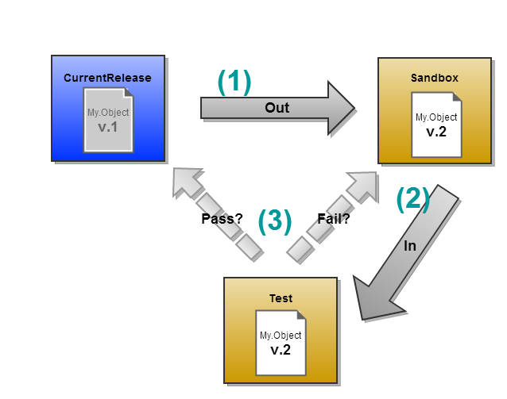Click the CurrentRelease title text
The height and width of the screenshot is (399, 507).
click(x=107, y=78)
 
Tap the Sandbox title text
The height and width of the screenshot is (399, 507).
click(x=434, y=78)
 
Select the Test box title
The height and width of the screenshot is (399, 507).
click(x=281, y=299)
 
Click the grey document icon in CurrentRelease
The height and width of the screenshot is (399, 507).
click(x=108, y=119)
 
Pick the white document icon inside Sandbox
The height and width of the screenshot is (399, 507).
click(x=435, y=123)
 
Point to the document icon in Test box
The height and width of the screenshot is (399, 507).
click(x=281, y=342)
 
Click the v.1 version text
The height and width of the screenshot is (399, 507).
click(x=107, y=127)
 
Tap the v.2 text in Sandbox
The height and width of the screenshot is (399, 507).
click(x=436, y=132)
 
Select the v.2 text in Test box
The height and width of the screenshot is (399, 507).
click(x=281, y=350)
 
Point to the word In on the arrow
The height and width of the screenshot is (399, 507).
click(x=410, y=246)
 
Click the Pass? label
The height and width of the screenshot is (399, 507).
click(x=222, y=219)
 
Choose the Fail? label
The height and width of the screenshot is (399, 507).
click(x=334, y=219)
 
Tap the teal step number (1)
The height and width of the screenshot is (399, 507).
click(x=234, y=82)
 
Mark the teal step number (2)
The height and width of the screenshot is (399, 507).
click(x=413, y=199)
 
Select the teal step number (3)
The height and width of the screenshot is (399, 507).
click(x=275, y=221)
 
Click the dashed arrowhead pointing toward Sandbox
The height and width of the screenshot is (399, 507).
click(x=364, y=183)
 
